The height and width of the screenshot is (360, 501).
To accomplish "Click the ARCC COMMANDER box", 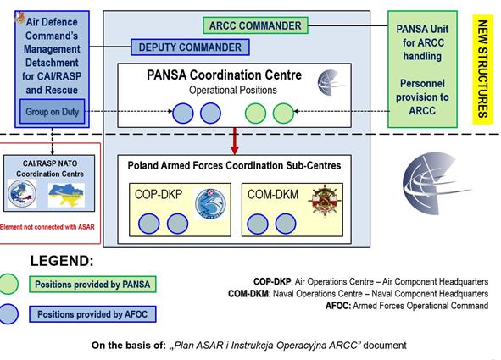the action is click(x=256, y=25).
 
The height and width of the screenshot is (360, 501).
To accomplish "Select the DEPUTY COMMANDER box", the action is click(x=190, y=47).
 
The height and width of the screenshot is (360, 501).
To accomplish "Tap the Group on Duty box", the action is click(x=52, y=112).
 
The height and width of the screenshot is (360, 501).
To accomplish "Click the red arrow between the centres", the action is click(x=235, y=141).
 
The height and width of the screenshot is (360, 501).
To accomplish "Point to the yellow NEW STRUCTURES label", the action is click(x=482, y=69).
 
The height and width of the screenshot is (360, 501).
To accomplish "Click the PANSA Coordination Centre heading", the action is click(x=225, y=75).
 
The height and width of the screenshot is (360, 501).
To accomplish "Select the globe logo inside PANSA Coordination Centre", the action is click(x=331, y=83).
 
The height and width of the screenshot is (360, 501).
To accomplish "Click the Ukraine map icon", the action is click(x=66, y=194).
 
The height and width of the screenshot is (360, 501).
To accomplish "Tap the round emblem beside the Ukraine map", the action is click(x=22, y=193).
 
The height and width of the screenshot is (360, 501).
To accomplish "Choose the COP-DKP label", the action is click(x=159, y=194).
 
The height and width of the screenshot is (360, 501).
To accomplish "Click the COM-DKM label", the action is click(x=273, y=194).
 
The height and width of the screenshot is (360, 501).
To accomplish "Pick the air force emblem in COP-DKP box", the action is click(x=210, y=204).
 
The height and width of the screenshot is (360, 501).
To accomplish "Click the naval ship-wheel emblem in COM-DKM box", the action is click(x=325, y=200).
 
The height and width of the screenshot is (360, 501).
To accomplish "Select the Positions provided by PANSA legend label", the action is click(x=92, y=285).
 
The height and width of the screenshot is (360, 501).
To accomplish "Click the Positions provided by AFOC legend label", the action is click(x=92, y=314).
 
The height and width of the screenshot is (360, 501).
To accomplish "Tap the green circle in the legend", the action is click(x=8, y=284).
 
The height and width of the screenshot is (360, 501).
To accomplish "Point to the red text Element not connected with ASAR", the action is click(x=47, y=227).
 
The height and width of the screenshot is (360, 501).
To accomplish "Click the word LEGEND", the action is click(x=62, y=261).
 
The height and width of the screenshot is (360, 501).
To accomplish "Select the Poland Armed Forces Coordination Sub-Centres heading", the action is click(x=234, y=166).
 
